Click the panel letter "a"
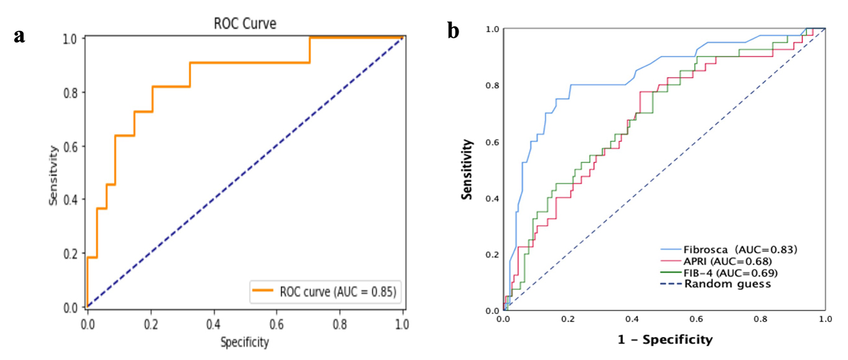coord(20,36)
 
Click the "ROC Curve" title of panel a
coord(245,24)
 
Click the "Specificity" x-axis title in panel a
coord(245,342)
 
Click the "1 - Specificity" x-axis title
coord(664,340)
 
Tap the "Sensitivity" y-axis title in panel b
coord(469,169)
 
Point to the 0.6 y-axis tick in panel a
coord(73,146)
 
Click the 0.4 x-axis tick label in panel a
coord(214,323)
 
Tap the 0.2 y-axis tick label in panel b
coord(492,254)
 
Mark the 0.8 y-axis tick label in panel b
coord(492,86)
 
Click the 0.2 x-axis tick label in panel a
coord(150,323)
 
